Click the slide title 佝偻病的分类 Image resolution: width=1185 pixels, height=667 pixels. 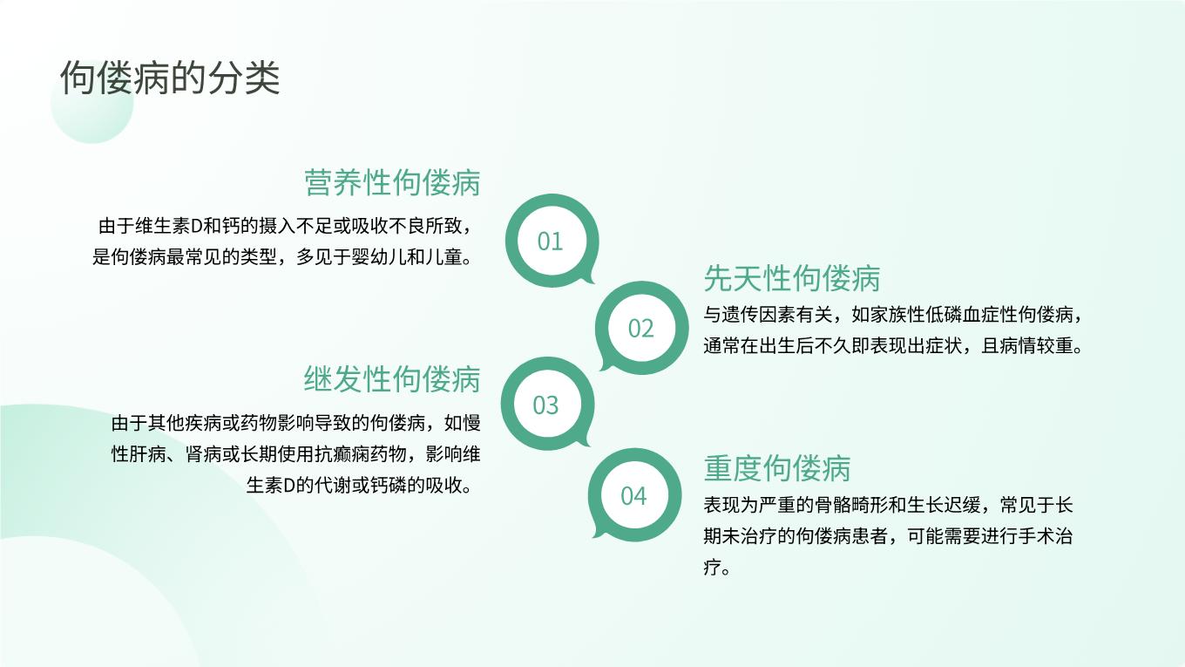170,78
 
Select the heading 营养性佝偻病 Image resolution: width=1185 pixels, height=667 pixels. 392,182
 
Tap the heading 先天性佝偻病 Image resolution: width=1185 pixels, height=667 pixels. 792,278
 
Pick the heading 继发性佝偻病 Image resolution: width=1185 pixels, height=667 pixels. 392,379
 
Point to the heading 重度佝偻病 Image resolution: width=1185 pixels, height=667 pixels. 777,468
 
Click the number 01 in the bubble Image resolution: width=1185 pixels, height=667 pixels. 550,242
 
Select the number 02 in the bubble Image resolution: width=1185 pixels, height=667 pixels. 641,329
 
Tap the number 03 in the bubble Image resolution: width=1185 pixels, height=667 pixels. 546,405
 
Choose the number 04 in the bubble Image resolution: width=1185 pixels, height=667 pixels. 633,496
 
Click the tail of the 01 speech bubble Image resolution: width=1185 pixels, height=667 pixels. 587,277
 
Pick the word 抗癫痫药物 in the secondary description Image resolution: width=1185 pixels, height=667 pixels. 360,454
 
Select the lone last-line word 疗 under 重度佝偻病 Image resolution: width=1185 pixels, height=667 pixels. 712,568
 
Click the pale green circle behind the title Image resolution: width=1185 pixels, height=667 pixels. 92,102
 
